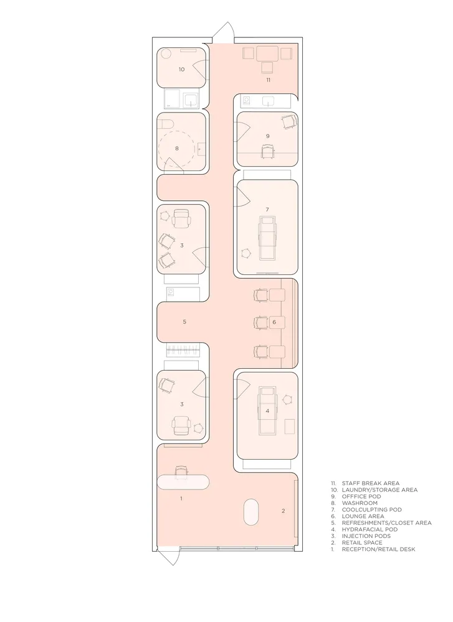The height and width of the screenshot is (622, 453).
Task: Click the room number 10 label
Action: click(x=181, y=70)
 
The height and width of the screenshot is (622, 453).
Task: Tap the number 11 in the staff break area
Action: click(x=268, y=80)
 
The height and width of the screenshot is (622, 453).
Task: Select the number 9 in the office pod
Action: click(x=268, y=136)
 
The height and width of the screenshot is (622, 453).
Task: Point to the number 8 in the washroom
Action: click(x=177, y=149)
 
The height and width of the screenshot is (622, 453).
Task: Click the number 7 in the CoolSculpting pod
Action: click(x=267, y=210)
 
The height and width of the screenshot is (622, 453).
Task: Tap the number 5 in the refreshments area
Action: click(x=184, y=322)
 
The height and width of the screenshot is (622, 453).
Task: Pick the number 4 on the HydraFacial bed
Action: click(x=267, y=411)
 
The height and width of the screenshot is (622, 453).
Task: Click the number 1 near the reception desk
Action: click(x=181, y=499)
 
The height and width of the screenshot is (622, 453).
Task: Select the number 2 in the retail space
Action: click(x=284, y=511)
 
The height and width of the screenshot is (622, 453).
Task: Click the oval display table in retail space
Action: click(x=250, y=512)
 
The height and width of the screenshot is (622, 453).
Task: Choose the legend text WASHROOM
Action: click(x=360, y=503)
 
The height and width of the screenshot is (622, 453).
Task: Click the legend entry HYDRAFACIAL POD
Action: click(x=370, y=529)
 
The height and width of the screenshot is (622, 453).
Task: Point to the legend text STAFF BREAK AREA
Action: click(x=371, y=483)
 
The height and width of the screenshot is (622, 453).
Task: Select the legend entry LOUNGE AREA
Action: click(x=363, y=516)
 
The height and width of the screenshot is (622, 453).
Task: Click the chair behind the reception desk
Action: click(x=181, y=471)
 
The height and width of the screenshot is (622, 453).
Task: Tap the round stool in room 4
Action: click(x=287, y=399)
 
